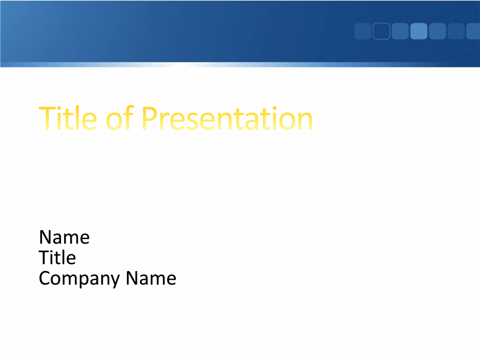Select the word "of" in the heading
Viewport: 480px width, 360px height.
click(120, 118)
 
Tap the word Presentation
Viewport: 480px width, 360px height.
click(227, 118)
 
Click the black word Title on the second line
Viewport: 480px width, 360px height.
click(57, 257)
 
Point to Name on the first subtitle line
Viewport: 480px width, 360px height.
click(64, 237)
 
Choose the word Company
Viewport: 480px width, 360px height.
click(80, 278)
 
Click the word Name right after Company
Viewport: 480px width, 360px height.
click(151, 278)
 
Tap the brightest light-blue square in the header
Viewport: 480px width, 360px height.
click(419, 31)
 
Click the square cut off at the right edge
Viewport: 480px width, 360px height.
click(473, 31)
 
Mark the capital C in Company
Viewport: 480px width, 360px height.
click(45, 278)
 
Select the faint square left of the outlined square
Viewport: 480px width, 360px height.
click(363, 31)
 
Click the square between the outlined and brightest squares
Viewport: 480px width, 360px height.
click(400, 31)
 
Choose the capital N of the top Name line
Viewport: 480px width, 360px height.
click(45, 237)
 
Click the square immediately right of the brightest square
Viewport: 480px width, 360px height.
click(437, 31)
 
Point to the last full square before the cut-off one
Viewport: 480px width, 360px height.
click(456, 31)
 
